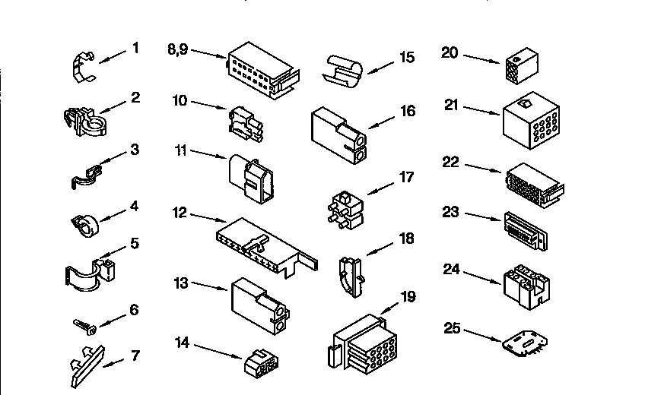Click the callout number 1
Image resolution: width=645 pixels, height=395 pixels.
pyautogui.click(x=135, y=48)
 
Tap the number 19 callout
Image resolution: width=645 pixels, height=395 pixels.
pyautogui.click(x=408, y=296)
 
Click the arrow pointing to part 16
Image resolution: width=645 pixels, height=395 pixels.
pyautogui.click(x=382, y=120)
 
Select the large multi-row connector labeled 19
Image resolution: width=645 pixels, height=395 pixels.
pyautogui.click(x=364, y=341)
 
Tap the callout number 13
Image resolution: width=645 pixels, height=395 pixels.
pyautogui.click(x=180, y=283)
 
